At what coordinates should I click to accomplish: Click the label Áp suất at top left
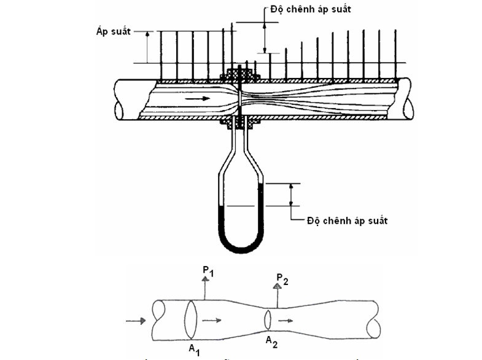coord(114,31)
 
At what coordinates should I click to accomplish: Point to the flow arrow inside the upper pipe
coord(197,97)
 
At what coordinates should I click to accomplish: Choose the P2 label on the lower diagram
coord(282,281)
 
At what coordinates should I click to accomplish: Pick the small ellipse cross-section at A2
coord(269,319)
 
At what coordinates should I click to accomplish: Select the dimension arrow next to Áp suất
coord(147,47)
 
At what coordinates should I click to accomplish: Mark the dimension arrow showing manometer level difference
coord(292,194)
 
